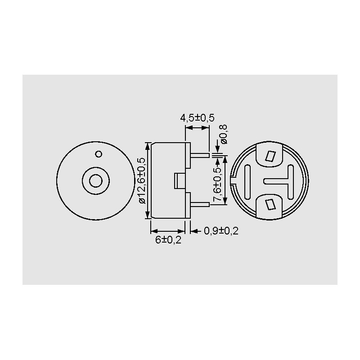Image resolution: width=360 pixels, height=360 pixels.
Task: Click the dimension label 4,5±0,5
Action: click(x=197, y=118)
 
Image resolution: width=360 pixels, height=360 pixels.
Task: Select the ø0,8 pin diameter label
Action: click(x=224, y=135)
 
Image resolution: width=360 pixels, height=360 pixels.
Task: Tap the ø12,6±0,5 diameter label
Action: click(x=142, y=181)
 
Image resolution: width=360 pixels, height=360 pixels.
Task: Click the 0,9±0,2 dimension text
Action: click(x=221, y=231)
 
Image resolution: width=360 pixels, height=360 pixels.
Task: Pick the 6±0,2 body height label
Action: click(x=168, y=240)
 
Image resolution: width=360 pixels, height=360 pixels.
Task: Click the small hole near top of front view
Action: click(x=99, y=154)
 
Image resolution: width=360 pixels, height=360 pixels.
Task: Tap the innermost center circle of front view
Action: click(x=96, y=181)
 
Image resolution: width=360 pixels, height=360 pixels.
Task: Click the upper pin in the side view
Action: click(x=200, y=155)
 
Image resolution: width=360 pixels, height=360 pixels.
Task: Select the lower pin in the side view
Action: click(x=200, y=204)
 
